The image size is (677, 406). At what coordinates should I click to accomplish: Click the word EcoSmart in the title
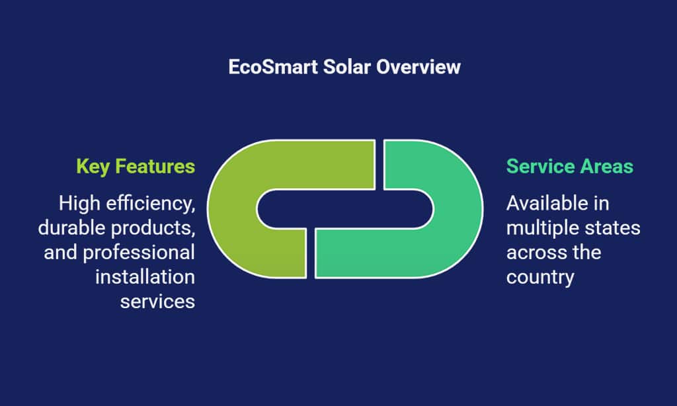tap(273, 67)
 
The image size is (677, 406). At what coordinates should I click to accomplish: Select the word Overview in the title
tap(418, 67)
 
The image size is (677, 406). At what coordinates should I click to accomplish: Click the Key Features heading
tap(136, 167)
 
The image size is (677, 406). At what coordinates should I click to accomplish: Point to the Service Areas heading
tap(570, 167)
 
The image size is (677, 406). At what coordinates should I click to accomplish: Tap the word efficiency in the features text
tap(151, 204)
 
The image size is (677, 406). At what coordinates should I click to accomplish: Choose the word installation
tap(145, 277)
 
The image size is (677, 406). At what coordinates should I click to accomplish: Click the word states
tap(613, 228)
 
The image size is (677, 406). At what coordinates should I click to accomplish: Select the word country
tap(540, 278)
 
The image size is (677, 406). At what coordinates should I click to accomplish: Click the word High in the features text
tap(79, 204)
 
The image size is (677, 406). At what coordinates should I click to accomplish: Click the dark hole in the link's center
tap(345, 208)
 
